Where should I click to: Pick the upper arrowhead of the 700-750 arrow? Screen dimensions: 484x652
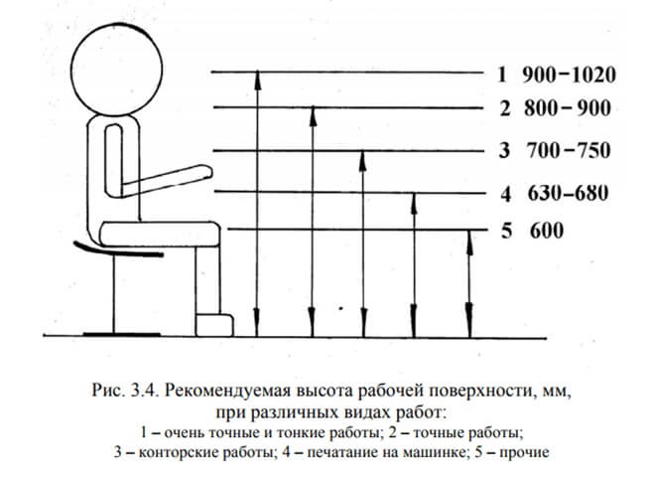(x=363, y=157)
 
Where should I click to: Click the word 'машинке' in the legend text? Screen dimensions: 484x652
(x=434, y=453)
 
